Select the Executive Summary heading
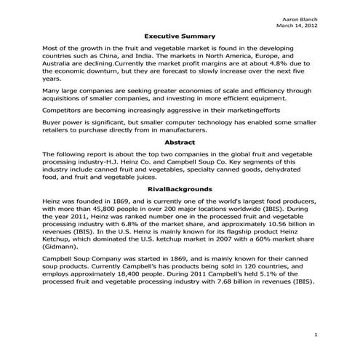[179, 36]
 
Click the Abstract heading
[180, 143]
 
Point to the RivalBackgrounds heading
[179, 189]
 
